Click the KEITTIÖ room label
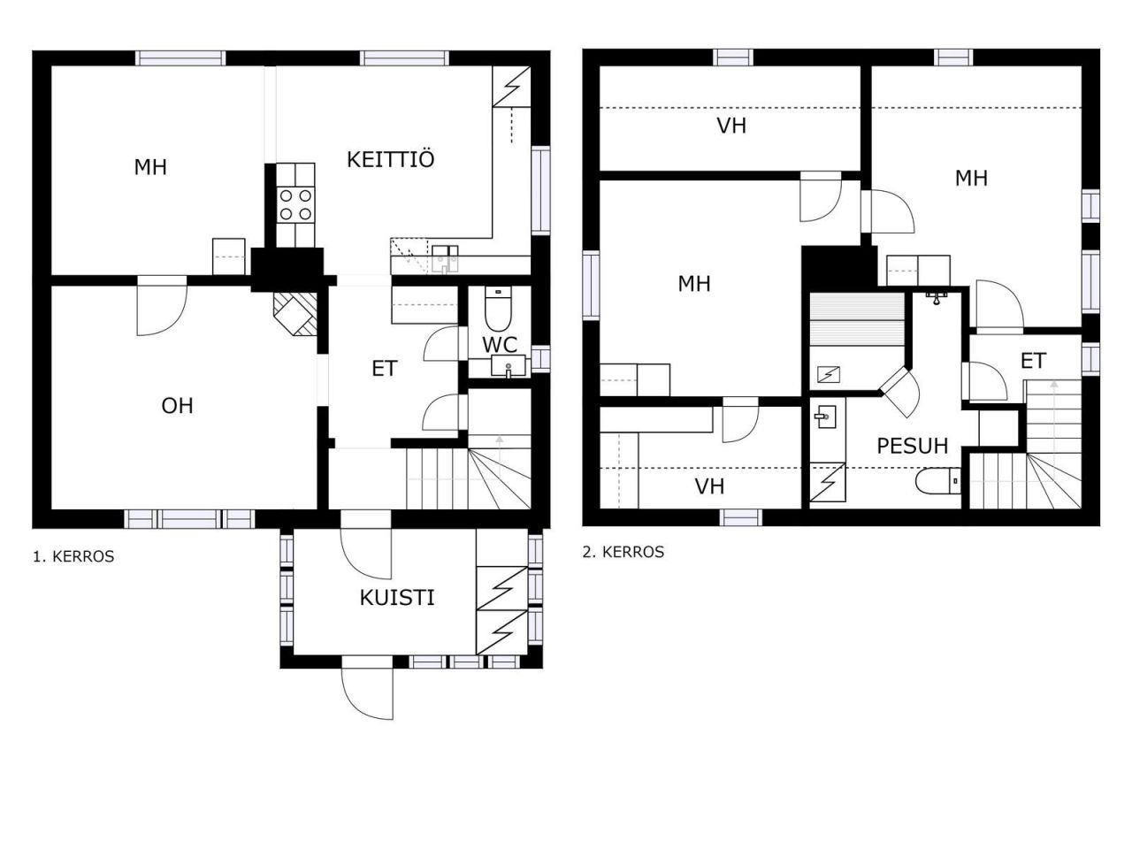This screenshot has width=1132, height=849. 390,159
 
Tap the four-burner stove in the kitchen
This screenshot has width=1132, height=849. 295,204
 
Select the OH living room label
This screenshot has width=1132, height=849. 178,406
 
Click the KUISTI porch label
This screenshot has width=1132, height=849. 396,598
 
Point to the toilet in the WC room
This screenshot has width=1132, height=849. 498,309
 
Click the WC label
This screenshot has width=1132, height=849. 500,344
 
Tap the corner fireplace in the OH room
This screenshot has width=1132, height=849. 295,314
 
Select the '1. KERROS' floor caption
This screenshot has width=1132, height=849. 73,556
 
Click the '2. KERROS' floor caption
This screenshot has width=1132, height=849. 623,552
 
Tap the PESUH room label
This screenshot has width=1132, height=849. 913,446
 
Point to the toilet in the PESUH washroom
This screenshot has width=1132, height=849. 938,481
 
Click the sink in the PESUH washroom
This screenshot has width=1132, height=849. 825,417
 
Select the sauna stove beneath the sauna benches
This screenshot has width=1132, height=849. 829,374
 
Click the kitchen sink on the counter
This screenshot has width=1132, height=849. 445,259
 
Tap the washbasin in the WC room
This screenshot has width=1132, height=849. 508,366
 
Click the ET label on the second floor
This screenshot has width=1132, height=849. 1033,361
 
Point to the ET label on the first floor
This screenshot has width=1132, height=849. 384,368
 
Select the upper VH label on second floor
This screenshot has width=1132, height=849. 731,126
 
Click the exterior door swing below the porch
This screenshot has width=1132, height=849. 367,694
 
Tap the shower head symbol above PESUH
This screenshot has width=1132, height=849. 937,297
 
